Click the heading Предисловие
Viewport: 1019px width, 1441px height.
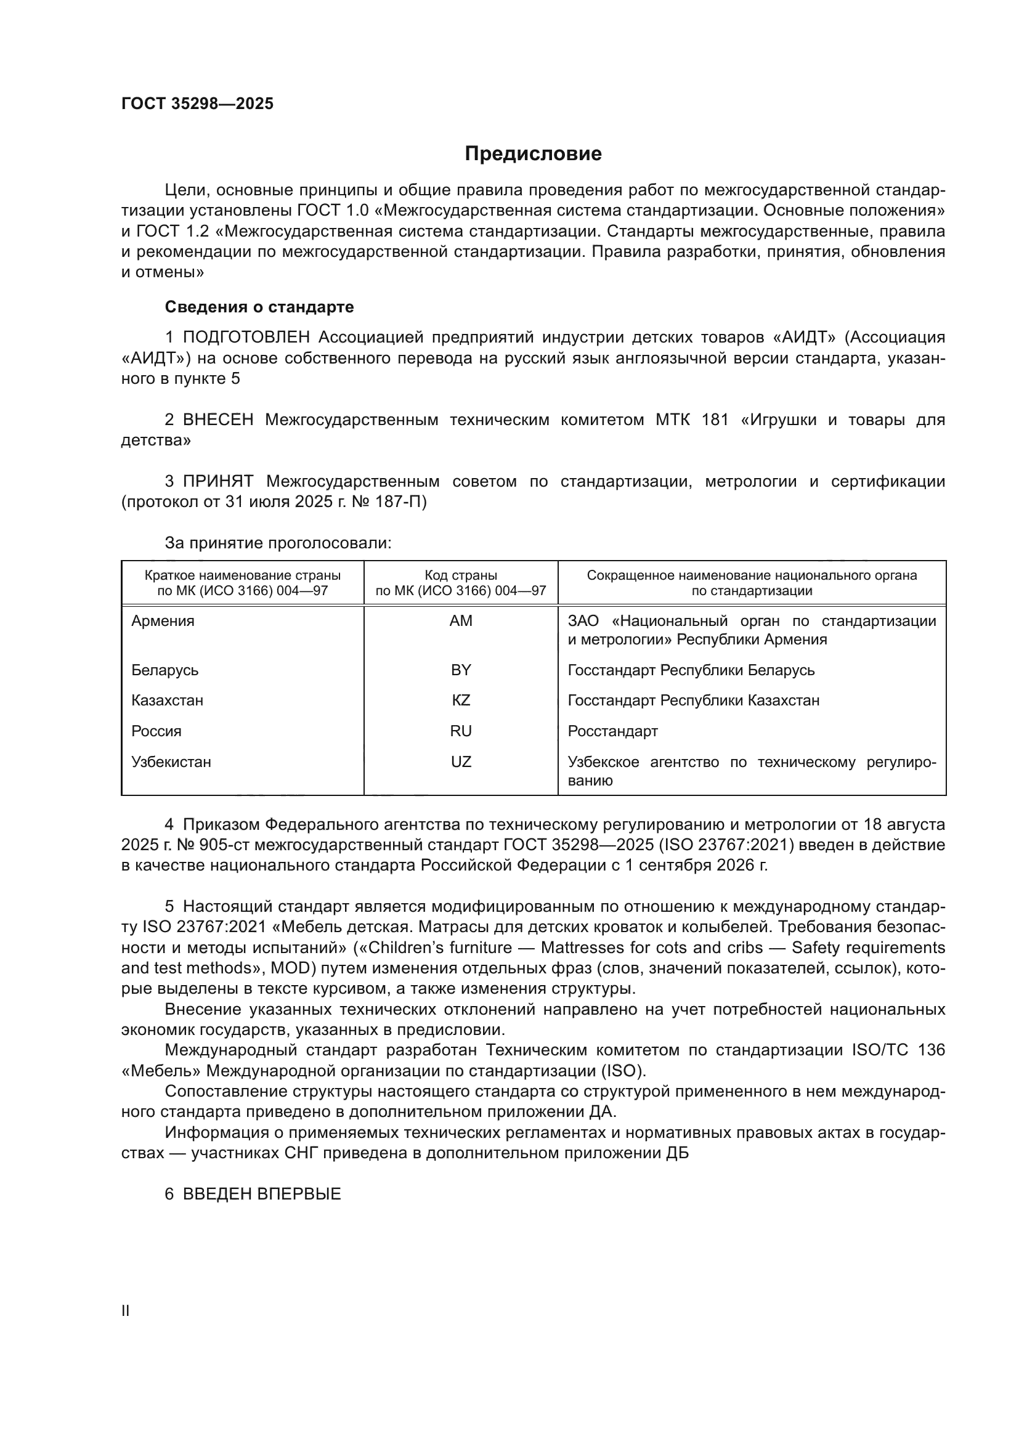coord(533,154)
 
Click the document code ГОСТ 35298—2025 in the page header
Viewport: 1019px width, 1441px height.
coord(197,104)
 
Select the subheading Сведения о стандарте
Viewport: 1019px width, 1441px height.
coord(259,307)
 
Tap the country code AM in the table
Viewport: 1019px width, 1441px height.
coord(461,621)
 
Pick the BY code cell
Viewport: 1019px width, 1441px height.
coord(461,670)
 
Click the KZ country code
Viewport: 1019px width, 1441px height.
coord(461,700)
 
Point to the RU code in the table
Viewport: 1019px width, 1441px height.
coord(461,731)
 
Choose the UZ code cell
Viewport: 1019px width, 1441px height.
coord(461,761)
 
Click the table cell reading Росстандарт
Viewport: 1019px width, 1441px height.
coord(612,731)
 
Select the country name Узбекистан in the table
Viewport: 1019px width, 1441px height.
coord(171,762)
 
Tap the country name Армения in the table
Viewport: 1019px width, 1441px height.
coord(163,621)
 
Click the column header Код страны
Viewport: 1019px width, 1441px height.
coord(461,575)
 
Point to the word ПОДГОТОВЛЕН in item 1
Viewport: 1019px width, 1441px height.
coord(246,338)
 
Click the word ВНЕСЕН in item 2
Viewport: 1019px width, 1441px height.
coord(217,420)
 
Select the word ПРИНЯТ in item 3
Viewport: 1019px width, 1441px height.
coord(217,481)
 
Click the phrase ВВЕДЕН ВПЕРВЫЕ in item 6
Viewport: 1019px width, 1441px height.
coord(262,1194)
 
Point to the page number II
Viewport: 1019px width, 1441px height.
coord(126,1310)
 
